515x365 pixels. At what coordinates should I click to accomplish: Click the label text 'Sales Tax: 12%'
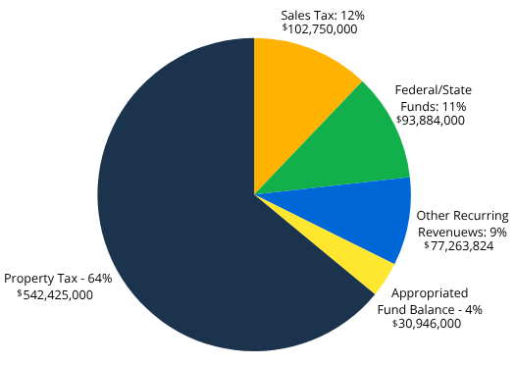323,15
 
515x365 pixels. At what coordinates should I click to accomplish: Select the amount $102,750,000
320,29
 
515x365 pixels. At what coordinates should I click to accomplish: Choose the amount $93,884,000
431,120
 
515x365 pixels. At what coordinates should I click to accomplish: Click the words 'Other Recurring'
462,215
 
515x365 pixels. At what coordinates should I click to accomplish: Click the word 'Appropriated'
429,292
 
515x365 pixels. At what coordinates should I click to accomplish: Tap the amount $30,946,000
427,323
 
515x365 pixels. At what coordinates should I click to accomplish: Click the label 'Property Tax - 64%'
59,279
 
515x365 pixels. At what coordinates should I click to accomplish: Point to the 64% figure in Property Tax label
99,279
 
